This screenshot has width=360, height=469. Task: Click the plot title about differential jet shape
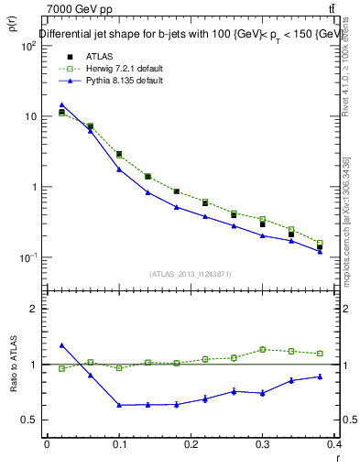(x=187, y=36)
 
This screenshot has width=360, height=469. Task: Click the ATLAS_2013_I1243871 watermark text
(x=191, y=274)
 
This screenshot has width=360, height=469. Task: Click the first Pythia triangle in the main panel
(x=61, y=104)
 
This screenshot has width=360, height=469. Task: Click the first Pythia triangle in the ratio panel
(x=61, y=345)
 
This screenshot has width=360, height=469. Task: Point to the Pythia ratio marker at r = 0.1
(x=119, y=405)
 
